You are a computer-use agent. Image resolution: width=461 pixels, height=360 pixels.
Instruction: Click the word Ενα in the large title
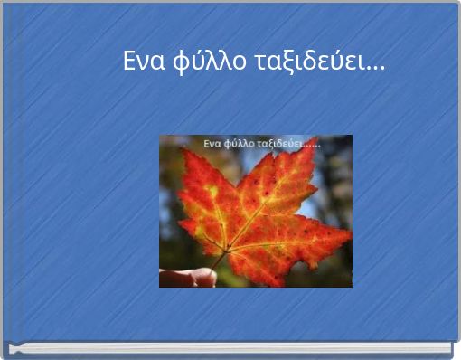click(x=143, y=62)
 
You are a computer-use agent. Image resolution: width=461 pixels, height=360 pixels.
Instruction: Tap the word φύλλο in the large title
click(x=201, y=63)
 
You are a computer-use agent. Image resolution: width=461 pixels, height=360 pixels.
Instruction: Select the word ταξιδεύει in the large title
click(x=300, y=62)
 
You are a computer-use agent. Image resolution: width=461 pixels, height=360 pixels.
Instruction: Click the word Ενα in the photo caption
click(x=212, y=143)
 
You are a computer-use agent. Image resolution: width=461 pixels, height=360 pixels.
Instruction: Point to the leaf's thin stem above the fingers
click(x=220, y=260)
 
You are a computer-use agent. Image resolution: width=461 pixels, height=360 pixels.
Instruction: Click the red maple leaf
click(x=262, y=217)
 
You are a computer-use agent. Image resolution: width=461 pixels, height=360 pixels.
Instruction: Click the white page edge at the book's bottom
click(x=230, y=348)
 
